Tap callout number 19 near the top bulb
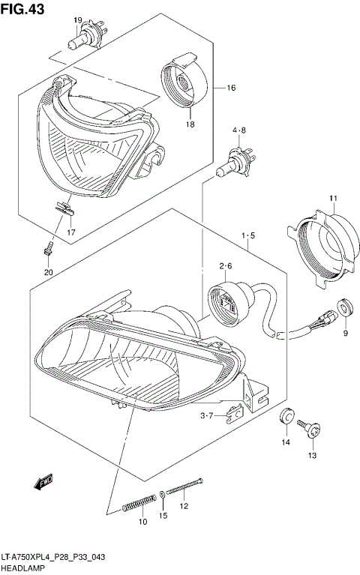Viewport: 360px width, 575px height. tap(77, 19)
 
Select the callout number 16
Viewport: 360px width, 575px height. tap(231, 88)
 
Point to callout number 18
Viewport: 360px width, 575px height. tap(190, 124)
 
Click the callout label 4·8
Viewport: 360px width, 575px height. tap(238, 131)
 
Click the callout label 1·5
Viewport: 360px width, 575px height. tap(248, 237)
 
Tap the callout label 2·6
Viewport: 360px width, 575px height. tap(226, 266)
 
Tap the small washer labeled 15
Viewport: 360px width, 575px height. tap(163, 495)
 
